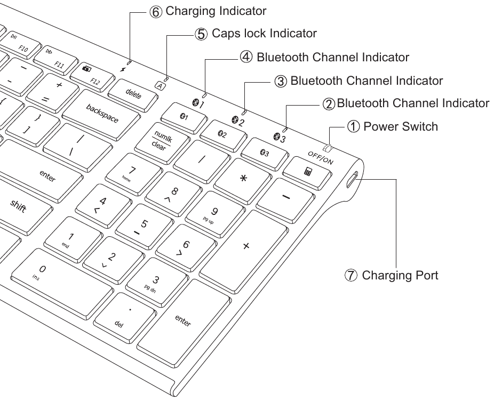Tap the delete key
pos(133,94)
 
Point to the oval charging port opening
pos(352,180)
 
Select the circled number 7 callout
pos(352,276)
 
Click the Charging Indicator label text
pos(216,11)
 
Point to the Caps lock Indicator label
pos(264,34)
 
